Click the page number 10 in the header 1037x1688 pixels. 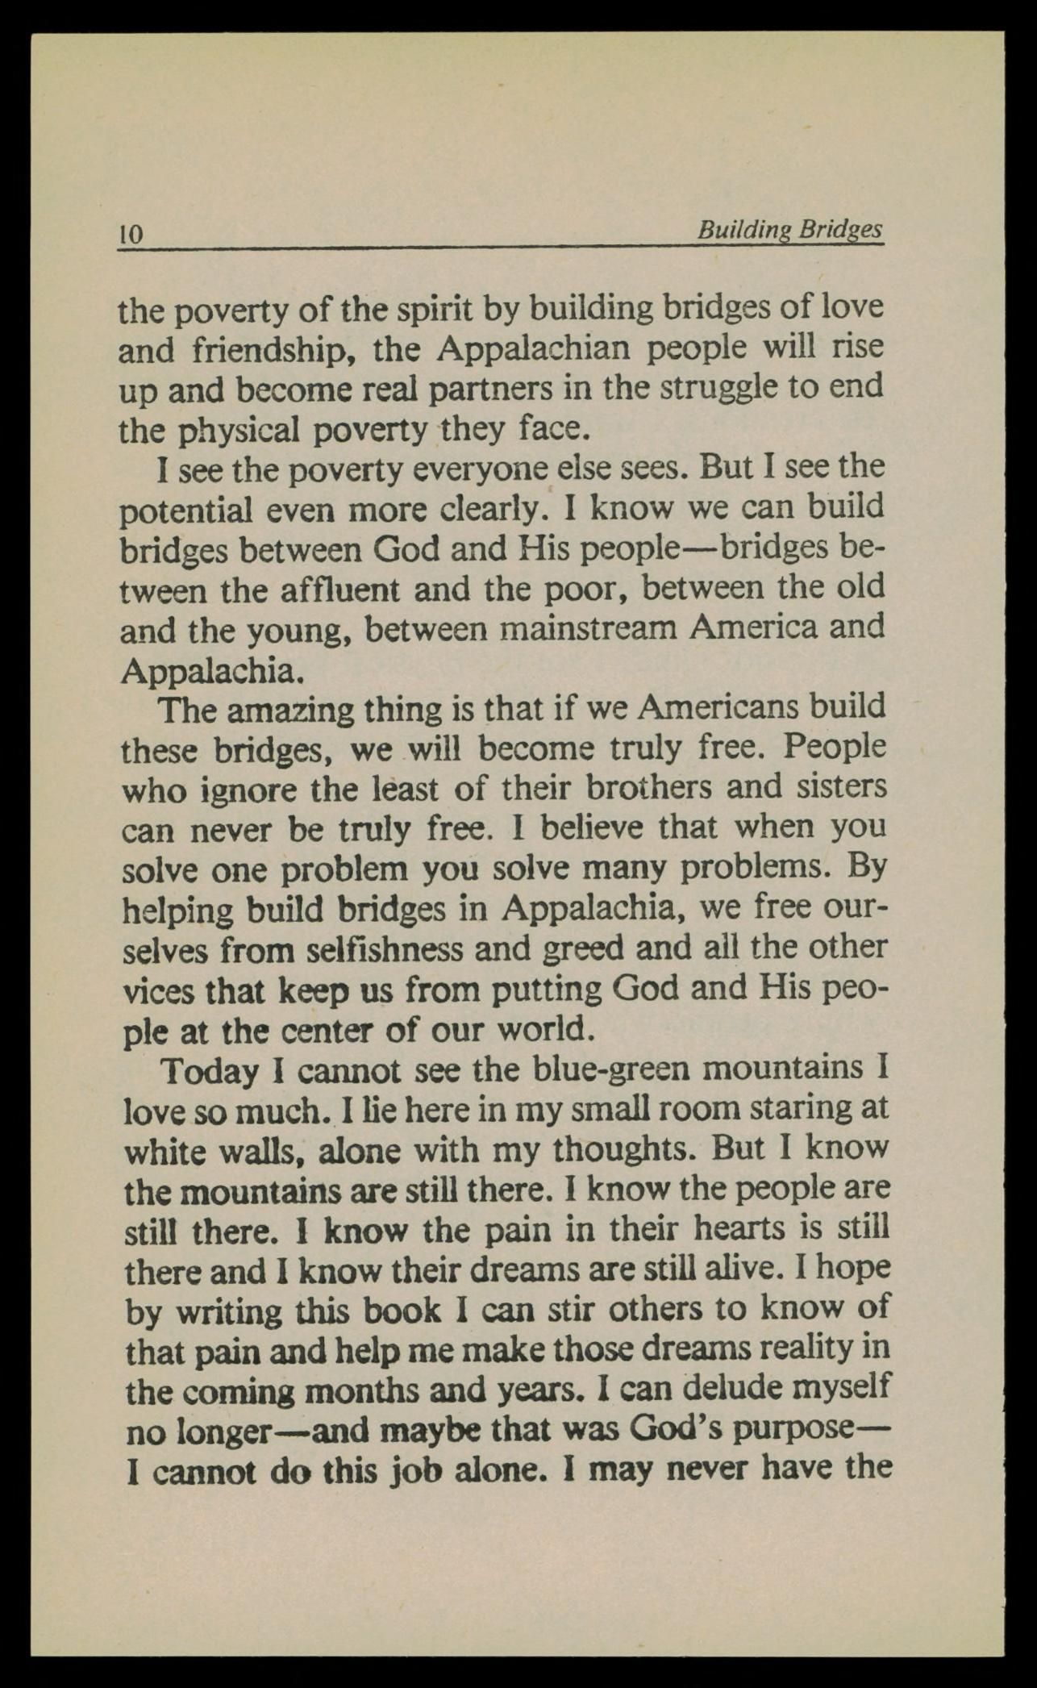(131, 234)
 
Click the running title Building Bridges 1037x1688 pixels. (790, 230)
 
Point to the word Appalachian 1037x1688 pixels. (534, 350)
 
